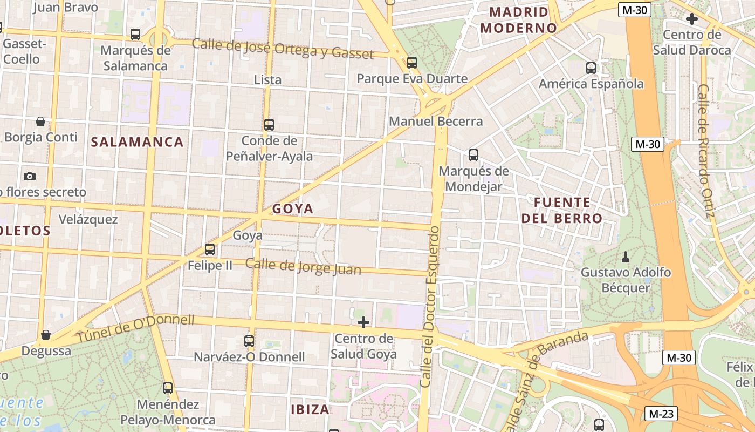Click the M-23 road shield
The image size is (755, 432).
click(x=661, y=414)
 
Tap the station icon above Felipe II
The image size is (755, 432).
click(x=210, y=249)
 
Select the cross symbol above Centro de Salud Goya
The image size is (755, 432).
click(x=363, y=323)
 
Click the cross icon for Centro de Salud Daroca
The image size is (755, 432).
click(x=691, y=19)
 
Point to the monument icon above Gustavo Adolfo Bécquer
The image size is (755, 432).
click(x=626, y=256)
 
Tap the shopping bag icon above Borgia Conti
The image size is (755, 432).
click(x=40, y=122)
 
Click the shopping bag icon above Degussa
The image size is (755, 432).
click(x=46, y=335)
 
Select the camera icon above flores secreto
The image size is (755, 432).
click(x=30, y=176)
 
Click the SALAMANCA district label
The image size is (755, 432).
click(x=137, y=142)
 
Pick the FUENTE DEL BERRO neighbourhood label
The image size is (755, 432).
click(x=568, y=211)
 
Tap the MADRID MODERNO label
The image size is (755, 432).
click(x=518, y=20)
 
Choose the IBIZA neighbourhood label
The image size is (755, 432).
click(x=310, y=409)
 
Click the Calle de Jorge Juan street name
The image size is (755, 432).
click(x=303, y=266)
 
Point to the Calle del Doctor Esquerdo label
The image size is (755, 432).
click(x=430, y=307)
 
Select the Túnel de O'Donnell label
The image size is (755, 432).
click(x=135, y=328)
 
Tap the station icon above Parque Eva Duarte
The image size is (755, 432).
click(x=412, y=63)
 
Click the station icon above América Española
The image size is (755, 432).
click(x=591, y=68)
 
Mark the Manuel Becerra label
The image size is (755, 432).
click(x=436, y=122)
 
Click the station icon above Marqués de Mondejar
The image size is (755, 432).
click(x=473, y=155)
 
